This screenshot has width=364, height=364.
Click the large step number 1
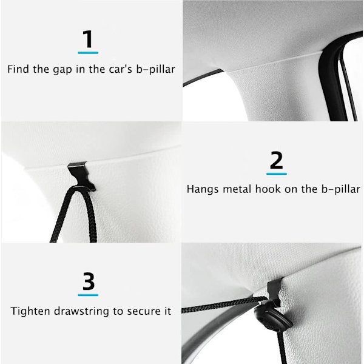coord(88,39)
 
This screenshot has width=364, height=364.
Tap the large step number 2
coord(276,160)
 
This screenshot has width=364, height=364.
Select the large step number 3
coord(89,281)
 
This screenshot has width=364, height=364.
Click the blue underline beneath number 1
coord(88,53)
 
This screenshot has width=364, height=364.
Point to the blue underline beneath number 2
coord(277,174)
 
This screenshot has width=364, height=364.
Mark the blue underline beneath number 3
coord(88,295)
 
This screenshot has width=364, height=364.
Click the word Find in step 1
coord(18,69)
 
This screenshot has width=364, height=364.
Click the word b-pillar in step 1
coord(156,69)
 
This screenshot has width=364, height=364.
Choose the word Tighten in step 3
coord(30,311)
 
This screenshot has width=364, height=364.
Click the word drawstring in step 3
coord(81,311)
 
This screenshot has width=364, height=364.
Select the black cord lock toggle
coord(273,318)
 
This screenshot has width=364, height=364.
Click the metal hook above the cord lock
coord(274,293)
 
